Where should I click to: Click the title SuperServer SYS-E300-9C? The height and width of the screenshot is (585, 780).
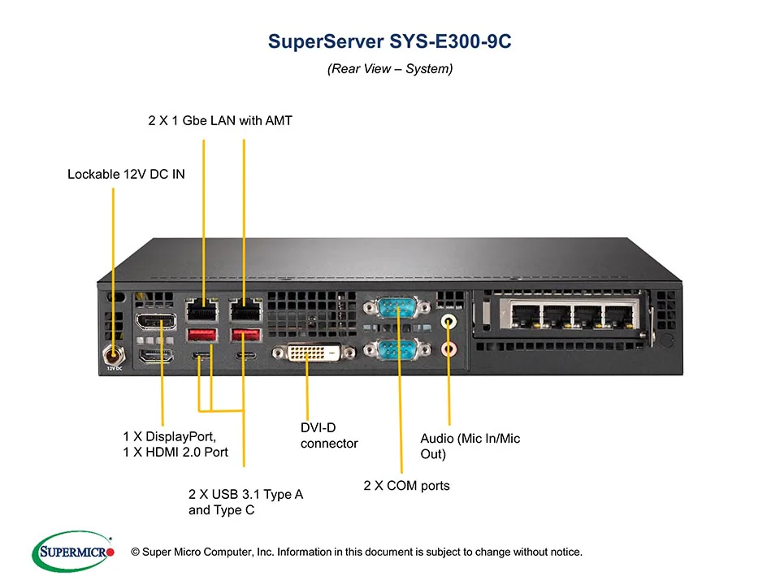pos(389,42)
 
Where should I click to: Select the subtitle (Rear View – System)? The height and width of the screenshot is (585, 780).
pos(389,69)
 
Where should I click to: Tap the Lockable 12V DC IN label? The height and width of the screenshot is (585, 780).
pos(126,174)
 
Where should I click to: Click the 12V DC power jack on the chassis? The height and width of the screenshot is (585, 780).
pos(113,354)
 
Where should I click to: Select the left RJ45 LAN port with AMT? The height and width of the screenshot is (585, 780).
pos(202,310)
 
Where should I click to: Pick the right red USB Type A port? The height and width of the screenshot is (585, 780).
pos(244,335)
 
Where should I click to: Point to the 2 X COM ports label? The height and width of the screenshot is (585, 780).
pos(405,486)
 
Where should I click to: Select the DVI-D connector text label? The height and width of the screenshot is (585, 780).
pos(328,435)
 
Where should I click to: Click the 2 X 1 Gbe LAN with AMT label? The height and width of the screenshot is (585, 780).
pos(219,121)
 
